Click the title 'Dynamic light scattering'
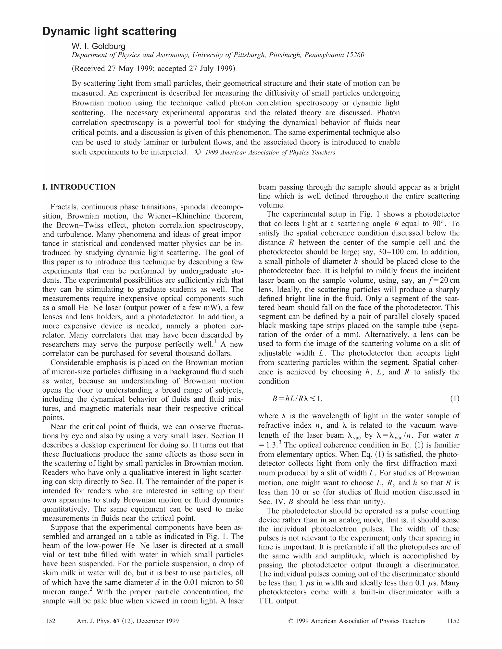pos(109,31)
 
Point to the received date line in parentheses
pos(153,69)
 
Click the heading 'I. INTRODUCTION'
pos(79,187)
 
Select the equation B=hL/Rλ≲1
pos(297,398)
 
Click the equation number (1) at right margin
pos(454,398)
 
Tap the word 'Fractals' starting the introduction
pos(64,207)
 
